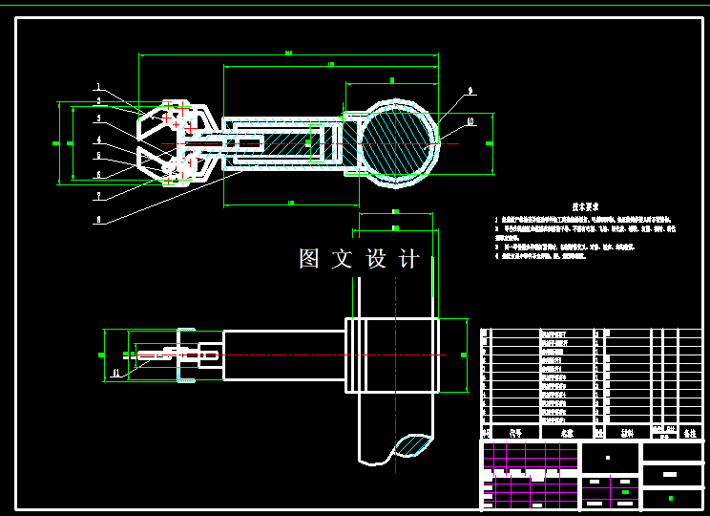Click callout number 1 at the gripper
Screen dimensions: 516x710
click(x=96, y=87)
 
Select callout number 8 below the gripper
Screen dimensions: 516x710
click(x=96, y=219)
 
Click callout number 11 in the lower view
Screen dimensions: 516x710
click(x=116, y=372)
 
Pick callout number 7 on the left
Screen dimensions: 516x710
click(x=96, y=195)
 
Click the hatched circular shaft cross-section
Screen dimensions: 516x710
click(x=399, y=143)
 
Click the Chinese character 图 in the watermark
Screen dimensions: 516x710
click(x=309, y=259)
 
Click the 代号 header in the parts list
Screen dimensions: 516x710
click(x=515, y=432)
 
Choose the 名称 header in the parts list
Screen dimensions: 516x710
click(x=567, y=432)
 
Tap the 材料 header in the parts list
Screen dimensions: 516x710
click(x=626, y=432)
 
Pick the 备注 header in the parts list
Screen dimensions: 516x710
click(x=690, y=432)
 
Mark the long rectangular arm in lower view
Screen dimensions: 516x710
click(x=283, y=355)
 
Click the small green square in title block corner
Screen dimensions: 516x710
click(x=671, y=498)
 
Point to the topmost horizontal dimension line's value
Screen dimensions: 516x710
click(x=288, y=52)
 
